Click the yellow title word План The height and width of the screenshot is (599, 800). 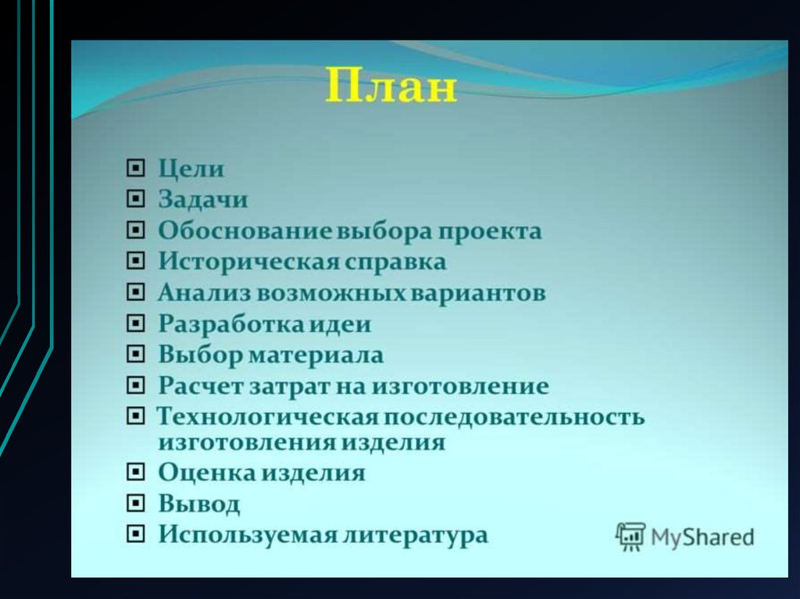click(391, 86)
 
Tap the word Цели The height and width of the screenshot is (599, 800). click(191, 168)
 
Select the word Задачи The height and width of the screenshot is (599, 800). click(203, 199)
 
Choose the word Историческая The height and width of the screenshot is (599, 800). click(248, 262)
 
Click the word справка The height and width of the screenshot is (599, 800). click(395, 262)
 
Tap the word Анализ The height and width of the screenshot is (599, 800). click(205, 292)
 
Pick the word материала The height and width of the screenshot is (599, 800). click(316, 355)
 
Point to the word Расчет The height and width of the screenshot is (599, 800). click(201, 385)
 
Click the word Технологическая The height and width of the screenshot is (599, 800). click(267, 417)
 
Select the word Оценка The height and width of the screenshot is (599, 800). click(208, 472)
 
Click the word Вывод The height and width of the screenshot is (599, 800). click(199, 504)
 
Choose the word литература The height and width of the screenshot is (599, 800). click(416, 535)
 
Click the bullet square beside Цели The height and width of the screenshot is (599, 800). click(135, 168)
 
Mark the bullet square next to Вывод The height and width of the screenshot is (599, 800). click(135, 503)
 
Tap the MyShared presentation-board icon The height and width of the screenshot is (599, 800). click(630, 537)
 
